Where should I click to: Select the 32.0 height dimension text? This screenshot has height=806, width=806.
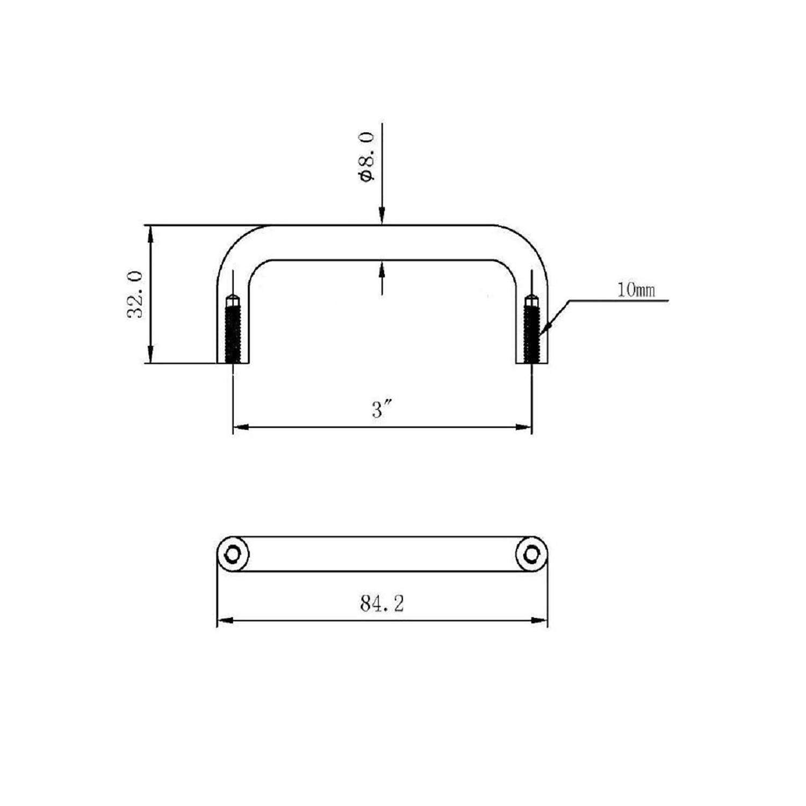[135, 294]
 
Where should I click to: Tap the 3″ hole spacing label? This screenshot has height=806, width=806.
[382, 411]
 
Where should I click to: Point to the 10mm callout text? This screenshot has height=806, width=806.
[636, 291]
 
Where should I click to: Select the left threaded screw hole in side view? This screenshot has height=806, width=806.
[233, 330]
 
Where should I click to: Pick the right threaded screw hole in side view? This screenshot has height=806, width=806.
[532, 330]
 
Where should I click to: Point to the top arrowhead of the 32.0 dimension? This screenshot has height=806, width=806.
[152, 232]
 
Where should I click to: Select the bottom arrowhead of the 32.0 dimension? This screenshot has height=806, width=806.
[152, 357]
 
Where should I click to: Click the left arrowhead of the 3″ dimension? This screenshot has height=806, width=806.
[239, 427]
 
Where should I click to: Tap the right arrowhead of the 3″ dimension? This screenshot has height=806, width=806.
[525, 427]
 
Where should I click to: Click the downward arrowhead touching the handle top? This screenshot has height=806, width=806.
[382, 218]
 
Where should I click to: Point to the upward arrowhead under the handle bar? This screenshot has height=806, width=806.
[382, 267]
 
